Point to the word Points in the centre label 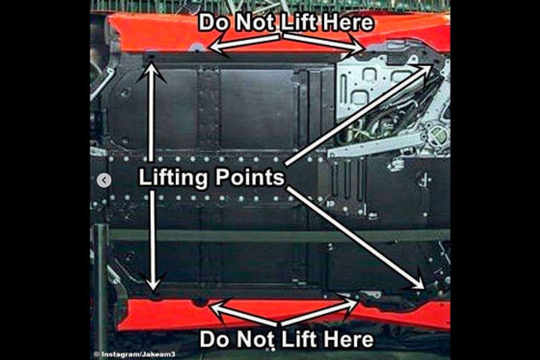pyautogui.click(x=250, y=177)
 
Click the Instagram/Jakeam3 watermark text pyautogui.click(x=135, y=354)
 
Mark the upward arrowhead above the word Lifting pyautogui.click(x=151, y=72)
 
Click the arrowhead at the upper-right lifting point pyautogui.click(x=425, y=71)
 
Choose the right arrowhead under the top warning pyautogui.click(x=355, y=45)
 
